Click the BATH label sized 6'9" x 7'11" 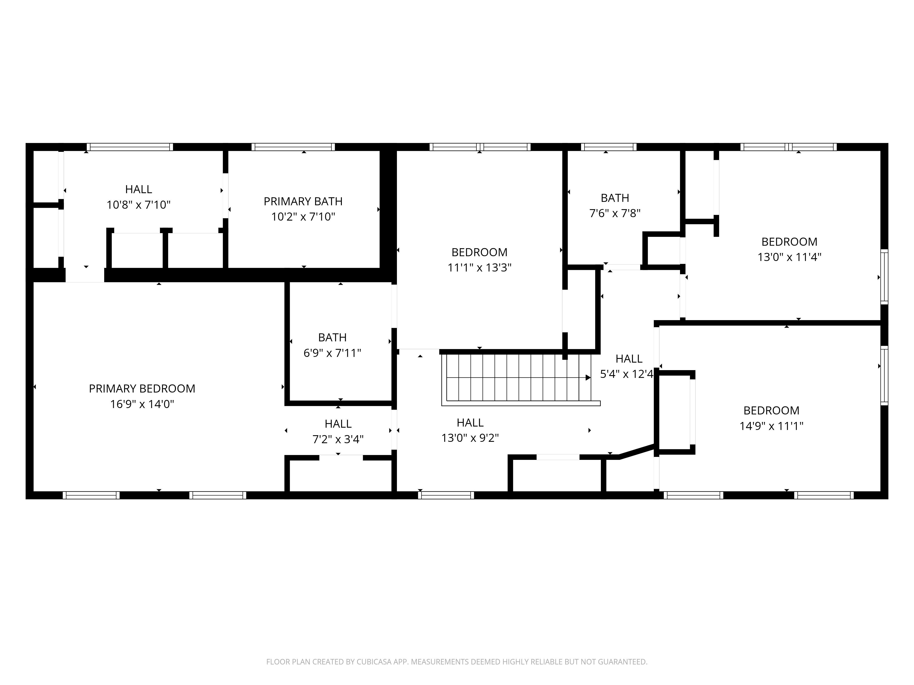tap(332, 337)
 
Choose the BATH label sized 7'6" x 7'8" tap(615, 198)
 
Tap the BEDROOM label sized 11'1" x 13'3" tap(479, 252)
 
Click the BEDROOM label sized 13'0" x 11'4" tap(789, 242)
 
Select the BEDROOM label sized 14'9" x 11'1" tap(771, 410)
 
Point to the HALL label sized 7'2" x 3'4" tap(338, 424)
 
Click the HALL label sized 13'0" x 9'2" tap(470, 422)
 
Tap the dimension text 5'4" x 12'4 tap(626, 374)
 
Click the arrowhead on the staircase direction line tap(588, 377)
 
